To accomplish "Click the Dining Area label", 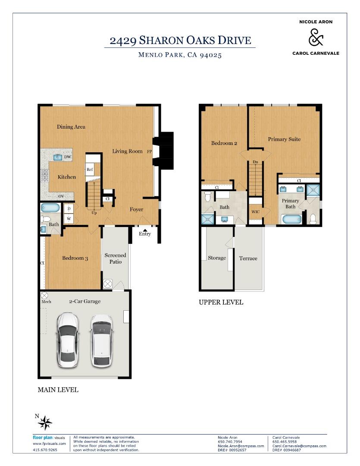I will tap(71, 127).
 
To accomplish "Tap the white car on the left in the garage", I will tap(68, 340).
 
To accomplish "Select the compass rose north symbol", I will tap(44, 423).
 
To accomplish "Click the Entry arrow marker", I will tap(145, 230).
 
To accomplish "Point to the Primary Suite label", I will tap(284, 139).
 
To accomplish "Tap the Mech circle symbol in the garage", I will tap(44, 296).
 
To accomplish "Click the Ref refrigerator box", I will tap(90, 170).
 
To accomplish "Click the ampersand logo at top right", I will tap(316, 38).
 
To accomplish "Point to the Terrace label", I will tap(248, 258).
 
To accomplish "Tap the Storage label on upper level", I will tap(217, 258).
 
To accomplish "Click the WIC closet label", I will tap(255, 212).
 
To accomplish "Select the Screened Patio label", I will tap(116, 258).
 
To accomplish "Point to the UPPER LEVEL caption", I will tap(221, 302).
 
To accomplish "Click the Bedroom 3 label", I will tap(75, 258).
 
